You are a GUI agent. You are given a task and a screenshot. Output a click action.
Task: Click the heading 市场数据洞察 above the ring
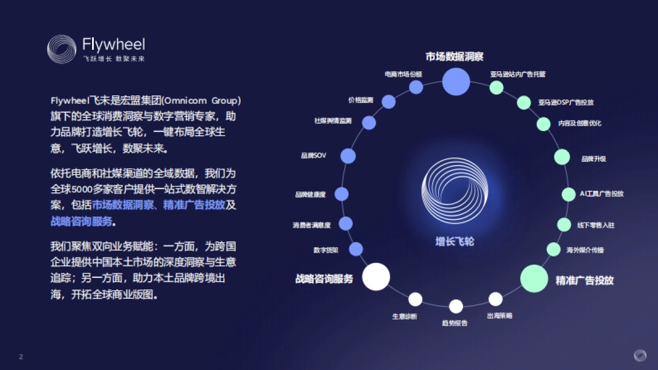[454, 56]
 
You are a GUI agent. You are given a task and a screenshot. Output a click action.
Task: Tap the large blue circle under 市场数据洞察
[456, 82]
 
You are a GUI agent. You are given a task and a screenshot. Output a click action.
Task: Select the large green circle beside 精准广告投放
[534, 278]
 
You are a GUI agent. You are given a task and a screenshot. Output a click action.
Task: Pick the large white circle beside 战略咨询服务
[376, 276]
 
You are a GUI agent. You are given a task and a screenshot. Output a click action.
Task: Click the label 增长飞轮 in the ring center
[454, 241]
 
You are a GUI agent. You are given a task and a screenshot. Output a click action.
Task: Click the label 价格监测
[360, 100]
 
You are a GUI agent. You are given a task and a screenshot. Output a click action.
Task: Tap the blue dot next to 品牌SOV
[348, 156]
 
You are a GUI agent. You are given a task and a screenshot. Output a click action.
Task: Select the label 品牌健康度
[310, 195]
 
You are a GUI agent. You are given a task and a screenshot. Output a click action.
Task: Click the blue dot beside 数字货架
[356, 249]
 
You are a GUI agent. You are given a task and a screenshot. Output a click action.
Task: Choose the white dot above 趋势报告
[456, 306]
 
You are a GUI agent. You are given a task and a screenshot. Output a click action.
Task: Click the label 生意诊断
[405, 317]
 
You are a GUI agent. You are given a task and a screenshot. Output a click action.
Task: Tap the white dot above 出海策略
[495, 299]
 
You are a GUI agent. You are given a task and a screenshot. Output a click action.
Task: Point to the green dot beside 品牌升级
[562, 157]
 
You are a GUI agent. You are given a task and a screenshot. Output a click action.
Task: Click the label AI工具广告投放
[602, 193]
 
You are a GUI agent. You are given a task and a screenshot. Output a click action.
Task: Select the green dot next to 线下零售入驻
[564, 224]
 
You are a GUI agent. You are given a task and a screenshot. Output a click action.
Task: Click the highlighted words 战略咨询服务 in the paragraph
[82, 222]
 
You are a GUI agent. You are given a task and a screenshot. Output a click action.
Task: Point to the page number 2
[21, 356]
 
